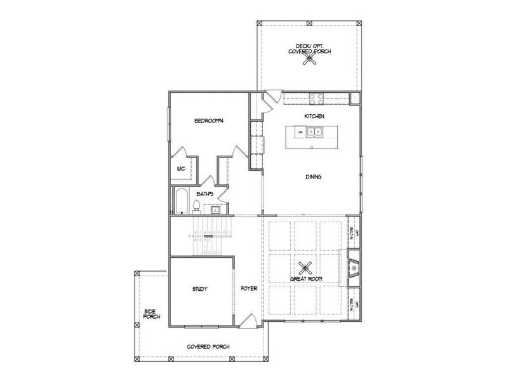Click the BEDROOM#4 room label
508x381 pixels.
point(208,121)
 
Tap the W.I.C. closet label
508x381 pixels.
point(180,169)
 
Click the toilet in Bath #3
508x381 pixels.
point(197,206)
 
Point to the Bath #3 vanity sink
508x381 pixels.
point(216,208)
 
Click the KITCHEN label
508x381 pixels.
point(314,117)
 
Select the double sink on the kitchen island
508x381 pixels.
point(314,133)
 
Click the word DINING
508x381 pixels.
point(312,177)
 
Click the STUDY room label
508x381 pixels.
point(200,289)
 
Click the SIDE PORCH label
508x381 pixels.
point(151,313)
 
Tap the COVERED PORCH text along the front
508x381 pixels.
point(208,347)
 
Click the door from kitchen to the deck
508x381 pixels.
point(272,98)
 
